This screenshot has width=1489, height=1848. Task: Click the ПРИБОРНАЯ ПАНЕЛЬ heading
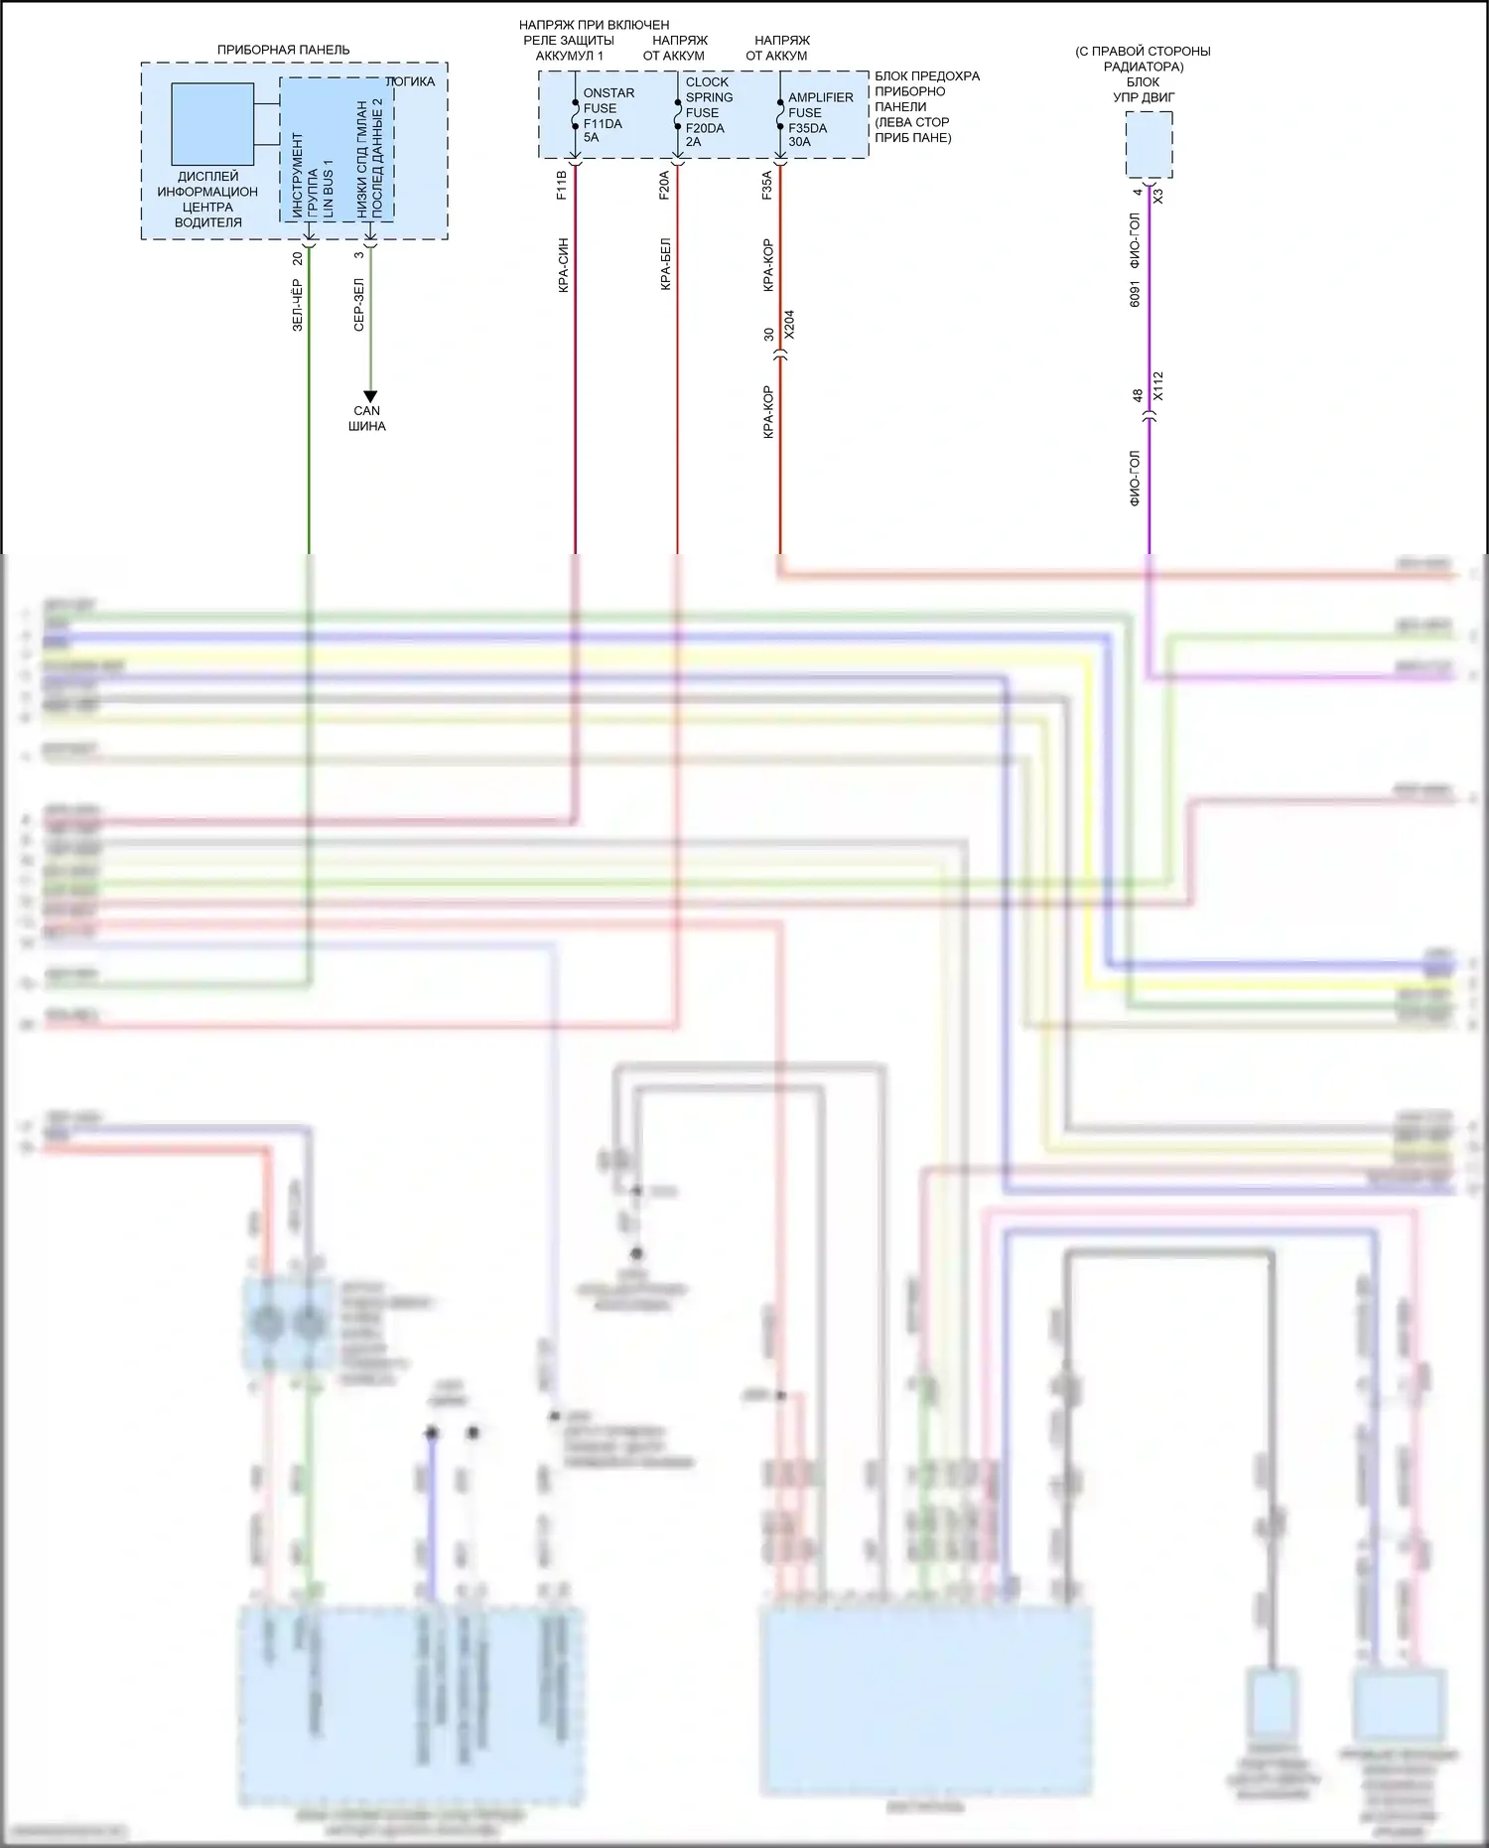283,50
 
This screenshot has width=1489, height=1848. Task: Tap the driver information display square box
212,124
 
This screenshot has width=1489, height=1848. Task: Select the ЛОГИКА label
410,81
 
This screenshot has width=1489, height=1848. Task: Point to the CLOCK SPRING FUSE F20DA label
709,111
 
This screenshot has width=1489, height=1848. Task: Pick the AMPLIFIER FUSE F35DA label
820,119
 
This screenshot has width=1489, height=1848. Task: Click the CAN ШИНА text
367,418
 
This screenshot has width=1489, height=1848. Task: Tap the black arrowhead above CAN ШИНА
370,397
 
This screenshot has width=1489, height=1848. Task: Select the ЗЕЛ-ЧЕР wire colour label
297,305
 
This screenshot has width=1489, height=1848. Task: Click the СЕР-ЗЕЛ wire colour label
359,305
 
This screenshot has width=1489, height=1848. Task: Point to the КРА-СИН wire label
563,264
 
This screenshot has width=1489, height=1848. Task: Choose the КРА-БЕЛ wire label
665,264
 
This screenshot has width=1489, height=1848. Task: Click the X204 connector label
789,326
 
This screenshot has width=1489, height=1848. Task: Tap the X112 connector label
1157,386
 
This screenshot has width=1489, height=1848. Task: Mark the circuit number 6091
1136,294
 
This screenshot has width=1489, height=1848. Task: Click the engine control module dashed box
1149,145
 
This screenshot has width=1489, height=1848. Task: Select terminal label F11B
561,186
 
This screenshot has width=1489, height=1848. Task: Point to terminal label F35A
767,186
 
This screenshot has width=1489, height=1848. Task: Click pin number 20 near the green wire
297,257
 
